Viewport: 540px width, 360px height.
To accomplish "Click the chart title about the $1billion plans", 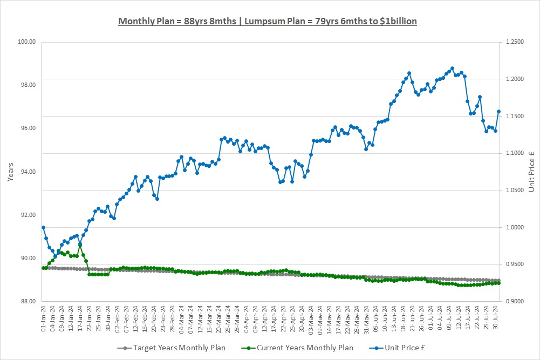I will click(267, 21).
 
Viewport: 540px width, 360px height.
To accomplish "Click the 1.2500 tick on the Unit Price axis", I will click(517, 42).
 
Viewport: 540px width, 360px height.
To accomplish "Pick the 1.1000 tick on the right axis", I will click(517, 153).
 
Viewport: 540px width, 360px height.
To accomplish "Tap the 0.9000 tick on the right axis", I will click(517, 301).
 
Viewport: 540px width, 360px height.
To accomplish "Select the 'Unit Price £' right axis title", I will click(532, 171).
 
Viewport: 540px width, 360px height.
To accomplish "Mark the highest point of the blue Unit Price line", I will click(452, 69).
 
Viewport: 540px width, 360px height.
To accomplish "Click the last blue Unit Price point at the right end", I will click(498, 112).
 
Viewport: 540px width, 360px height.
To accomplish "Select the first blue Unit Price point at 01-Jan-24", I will click(43, 227).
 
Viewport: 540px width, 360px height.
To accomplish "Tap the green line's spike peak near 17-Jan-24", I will click(80, 245).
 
